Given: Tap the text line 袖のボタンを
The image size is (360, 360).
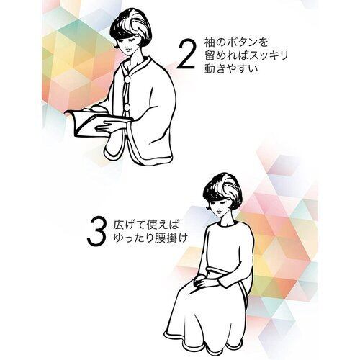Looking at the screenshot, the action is coord(236,42).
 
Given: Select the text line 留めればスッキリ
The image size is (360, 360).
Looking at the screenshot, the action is coord(246,55).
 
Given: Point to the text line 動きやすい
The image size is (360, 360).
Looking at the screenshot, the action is coord(231,68).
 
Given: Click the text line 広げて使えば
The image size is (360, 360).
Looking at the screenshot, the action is coord(146,225).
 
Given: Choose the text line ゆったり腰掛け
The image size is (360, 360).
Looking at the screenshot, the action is coord(150,238).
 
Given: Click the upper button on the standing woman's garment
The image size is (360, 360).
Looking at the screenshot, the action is coord(128,78).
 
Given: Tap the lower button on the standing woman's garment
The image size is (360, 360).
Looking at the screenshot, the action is coord(127,107).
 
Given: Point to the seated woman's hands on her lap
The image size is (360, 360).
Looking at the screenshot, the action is coord(207,282).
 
